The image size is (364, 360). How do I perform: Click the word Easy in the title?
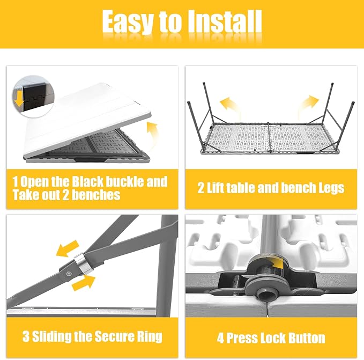[128, 22]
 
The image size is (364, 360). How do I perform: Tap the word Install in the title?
[224, 21]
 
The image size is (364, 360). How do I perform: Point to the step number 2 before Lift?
[201, 188]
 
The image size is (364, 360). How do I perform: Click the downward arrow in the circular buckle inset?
[20, 98]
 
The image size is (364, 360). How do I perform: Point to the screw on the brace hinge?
[68, 274]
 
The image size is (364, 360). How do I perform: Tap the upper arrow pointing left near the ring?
[68, 249]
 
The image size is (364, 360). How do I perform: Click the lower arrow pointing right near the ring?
[84, 283]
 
